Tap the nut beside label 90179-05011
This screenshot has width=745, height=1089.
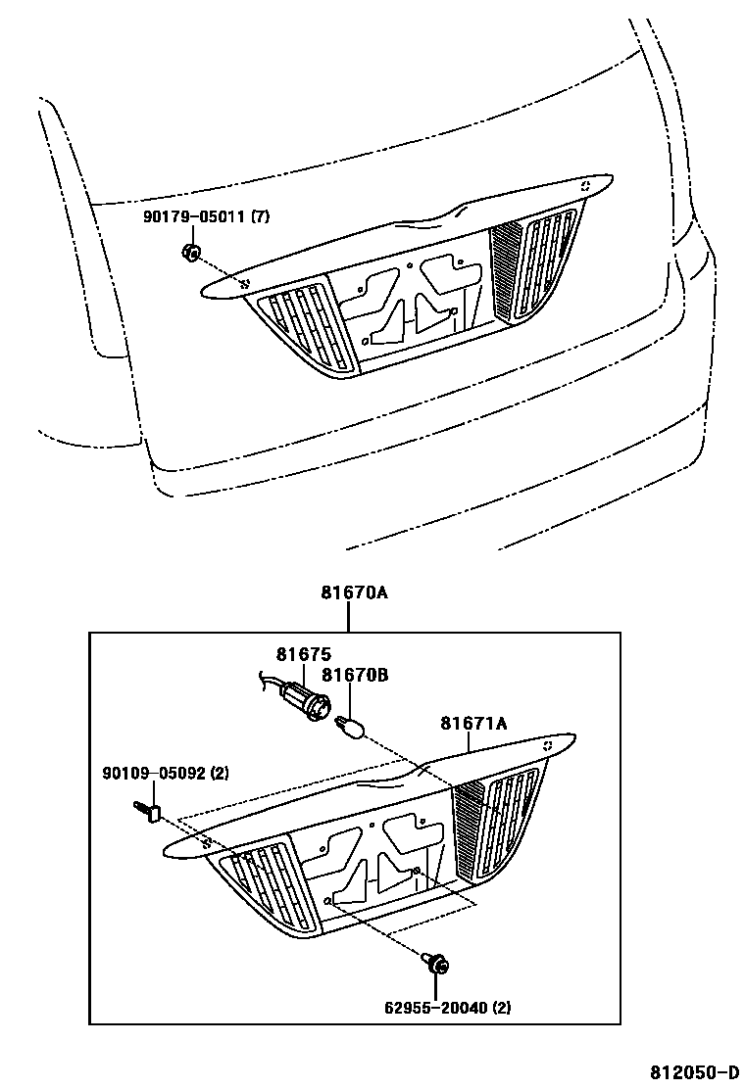coord(192,254)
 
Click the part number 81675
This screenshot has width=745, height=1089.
coord(303,654)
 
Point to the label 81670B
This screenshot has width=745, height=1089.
coord(355,674)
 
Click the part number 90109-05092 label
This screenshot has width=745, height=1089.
coord(152,774)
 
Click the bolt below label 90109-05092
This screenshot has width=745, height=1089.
coord(149,812)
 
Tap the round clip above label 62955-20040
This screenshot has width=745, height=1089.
coord(437,966)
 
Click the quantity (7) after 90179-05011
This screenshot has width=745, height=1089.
coord(260,217)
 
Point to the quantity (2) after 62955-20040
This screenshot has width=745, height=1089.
coord(500,1007)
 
